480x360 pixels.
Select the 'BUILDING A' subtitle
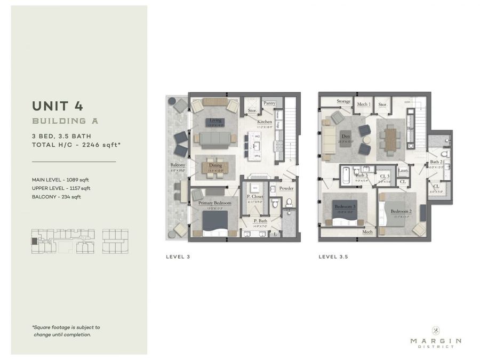[65, 121]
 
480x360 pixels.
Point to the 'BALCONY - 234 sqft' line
[56, 197]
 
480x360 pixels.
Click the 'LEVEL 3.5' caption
[333, 257]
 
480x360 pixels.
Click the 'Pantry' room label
[269, 103]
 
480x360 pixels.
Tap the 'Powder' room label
[286, 188]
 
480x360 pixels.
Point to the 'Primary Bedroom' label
[214, 203]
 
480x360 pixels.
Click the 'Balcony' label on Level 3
[178, 165]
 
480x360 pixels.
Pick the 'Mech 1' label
[363, 104]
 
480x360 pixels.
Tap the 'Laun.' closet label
[403, 171]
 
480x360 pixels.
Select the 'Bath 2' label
[436, 162]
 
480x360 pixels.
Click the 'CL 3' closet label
[385, 176]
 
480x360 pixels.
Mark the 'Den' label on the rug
[345, 135]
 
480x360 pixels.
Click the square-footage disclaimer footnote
[66, 331]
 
